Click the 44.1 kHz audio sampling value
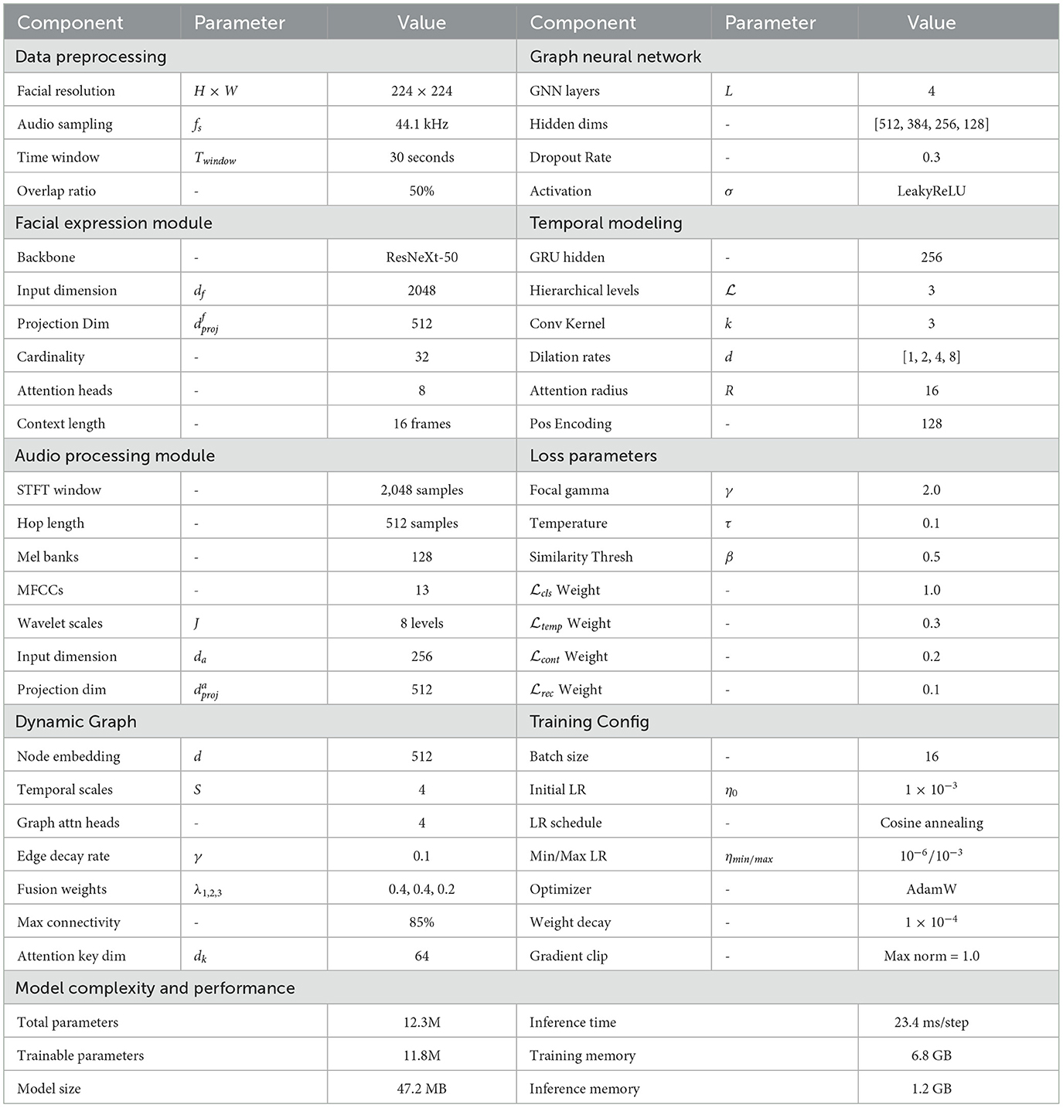pyautogui.click(x=421, y=124)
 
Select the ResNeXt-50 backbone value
pyautogui.click(x=421, y=257)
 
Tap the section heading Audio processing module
pyautogui.click(x=115, y=455)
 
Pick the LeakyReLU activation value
pyautogui.click(x=931, y=191)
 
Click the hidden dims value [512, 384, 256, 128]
pyautogui.click(x=931, y=124)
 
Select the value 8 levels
pyautogui.click(x=421, y=623)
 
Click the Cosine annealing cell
pyautogui.click(x=931, y=823)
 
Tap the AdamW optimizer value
pyautogui.click(x=931, y=889)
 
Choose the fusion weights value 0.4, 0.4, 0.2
pyautogui.click(x=421, y=889)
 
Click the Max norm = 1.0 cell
pyautogui.click(x=931, y=956)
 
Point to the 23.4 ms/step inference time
pyautogui.click(x=931, y=1022)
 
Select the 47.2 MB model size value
pyautogui.click(x=421, y=1089)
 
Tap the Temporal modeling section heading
pyautogui.click(x=605, y=223)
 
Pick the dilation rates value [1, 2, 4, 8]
pyautogui.click(x=931, y=356)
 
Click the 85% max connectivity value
pyautogui.click(x=421, y=922)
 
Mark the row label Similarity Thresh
pyautogui.click(x=581, y=557)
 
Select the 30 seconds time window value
pyautogui.click(x=421, y=157)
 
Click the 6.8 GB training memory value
pyautogui.click(x=931, y=1055)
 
